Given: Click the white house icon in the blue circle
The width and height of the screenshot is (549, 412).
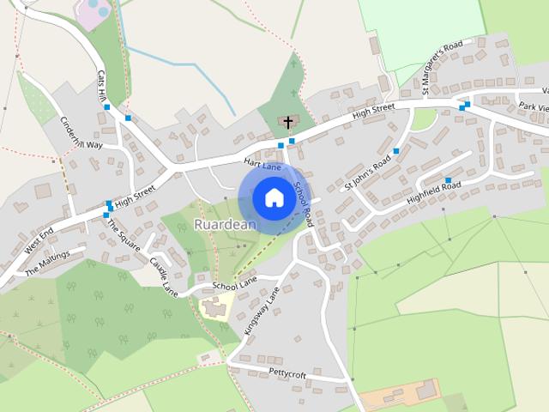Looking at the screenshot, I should click(x=274, y=198).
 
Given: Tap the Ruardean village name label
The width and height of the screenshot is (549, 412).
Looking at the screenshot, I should click(x=226, y=224).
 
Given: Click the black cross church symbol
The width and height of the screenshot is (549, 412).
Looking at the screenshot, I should click(x=289, y=123).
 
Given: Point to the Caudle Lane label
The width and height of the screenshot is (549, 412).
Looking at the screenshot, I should click(x=163, y=276).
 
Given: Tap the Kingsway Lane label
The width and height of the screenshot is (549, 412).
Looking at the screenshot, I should click(x=262, y=311).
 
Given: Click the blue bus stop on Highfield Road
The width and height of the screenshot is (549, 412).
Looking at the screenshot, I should click(x=448, y=180).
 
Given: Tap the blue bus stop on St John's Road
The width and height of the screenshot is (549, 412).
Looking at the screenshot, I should click(x=396, y=151).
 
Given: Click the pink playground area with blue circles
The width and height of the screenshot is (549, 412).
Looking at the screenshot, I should click(x=92, y=13).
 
